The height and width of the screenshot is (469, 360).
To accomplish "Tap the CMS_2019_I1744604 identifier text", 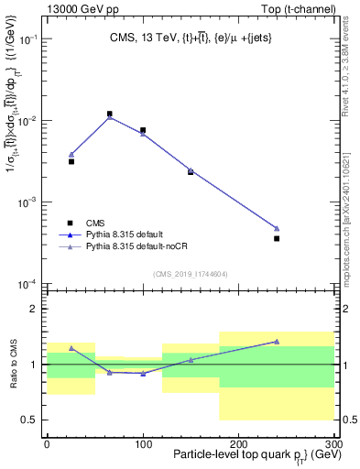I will click(190, 274).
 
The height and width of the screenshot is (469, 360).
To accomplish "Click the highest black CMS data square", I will click(110, 115).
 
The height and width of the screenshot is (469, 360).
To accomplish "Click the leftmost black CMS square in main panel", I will click(71, 161).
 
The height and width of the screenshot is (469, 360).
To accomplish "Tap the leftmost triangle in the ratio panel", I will click(71, 348).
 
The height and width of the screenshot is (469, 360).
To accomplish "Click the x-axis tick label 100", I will click(143, 442).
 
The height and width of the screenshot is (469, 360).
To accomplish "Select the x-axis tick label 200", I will click(237, 442).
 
